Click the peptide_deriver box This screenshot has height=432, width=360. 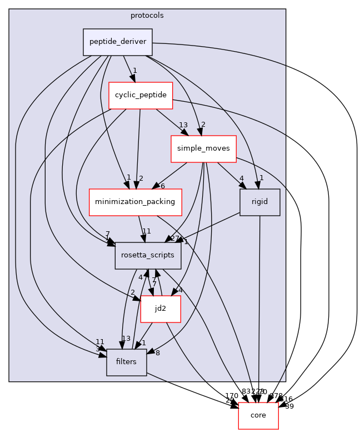118,42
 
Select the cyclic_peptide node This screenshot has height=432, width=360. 141,95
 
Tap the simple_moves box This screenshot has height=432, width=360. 203,149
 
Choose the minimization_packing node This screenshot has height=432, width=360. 136,202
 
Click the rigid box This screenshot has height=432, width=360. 259,202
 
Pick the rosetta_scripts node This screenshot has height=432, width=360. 148,255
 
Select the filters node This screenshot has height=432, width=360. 126,362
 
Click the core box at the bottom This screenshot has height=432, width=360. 258,415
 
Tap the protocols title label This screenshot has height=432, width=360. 147,16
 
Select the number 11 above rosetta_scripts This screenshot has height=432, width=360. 147,231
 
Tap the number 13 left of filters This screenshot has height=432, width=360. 111,339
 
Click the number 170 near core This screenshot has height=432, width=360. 232,396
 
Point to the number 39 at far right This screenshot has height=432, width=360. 289,406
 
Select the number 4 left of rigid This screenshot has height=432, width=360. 241,178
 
